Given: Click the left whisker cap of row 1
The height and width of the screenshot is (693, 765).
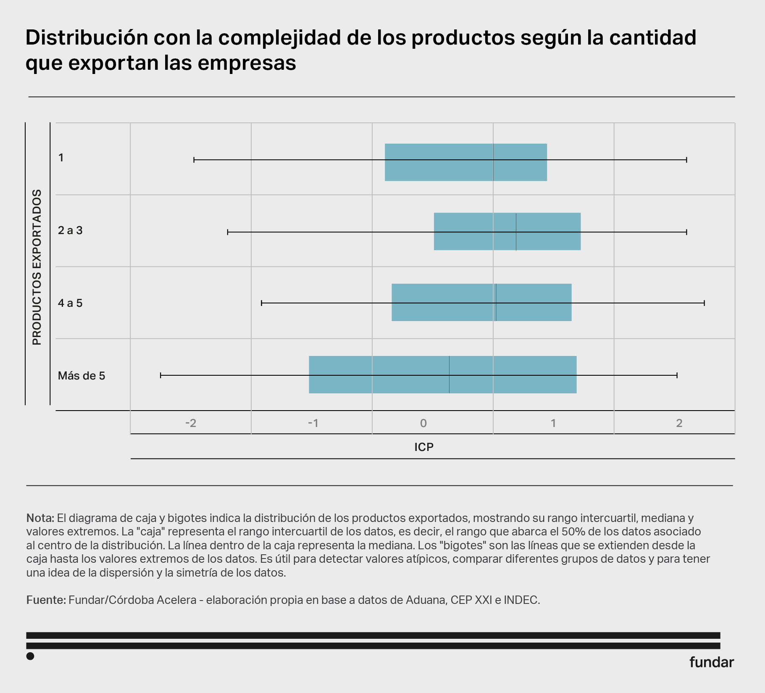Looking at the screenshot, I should tap(194, 160).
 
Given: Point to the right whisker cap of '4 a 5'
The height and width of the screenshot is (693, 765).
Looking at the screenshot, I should tap(704, 303).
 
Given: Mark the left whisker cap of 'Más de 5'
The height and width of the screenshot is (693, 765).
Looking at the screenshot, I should tap(160, 375).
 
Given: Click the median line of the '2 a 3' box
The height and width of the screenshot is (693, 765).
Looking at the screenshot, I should tap(516, 232).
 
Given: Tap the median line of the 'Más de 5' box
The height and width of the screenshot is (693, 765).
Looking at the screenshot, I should tap(449, 374).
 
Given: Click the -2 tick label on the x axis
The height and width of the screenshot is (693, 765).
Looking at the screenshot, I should tap(191, 423).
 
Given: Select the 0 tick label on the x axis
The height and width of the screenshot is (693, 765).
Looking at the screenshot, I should tap(423, 423).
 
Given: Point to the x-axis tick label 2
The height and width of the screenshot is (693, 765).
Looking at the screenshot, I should tap(679, 423).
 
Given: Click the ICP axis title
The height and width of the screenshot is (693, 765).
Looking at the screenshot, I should tap(424, 447).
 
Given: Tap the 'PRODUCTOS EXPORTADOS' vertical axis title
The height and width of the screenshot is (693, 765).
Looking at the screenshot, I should tap(37, 267).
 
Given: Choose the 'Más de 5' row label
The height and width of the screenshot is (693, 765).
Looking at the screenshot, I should tap(81, 376).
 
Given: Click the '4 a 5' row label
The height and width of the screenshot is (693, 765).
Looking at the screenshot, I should tap(70, 303).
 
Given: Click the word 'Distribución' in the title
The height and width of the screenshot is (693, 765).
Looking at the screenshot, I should tap(87, 38).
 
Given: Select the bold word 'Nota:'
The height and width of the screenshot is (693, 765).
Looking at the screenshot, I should tap(40, 518).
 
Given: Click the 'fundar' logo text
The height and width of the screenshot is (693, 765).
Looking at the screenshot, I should tap(711, 662).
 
